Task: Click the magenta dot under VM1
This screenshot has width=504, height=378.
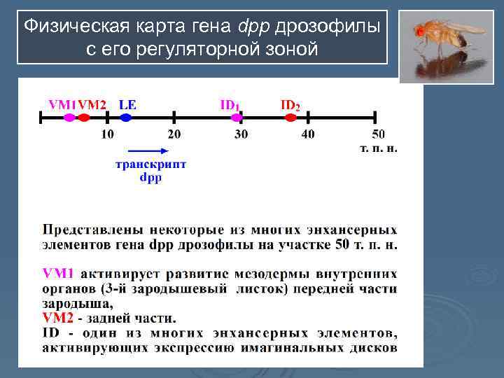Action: click(69, 118)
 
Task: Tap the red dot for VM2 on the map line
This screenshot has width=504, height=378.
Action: click(83, 118)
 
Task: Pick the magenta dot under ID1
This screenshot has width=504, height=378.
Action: click(237, 118)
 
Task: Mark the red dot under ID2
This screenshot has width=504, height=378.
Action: click(290, 118)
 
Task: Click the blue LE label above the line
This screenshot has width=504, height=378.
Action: click(127, 104)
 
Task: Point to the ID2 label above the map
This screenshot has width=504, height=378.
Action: click(290, 105)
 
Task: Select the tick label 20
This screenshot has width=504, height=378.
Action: click(174, 134)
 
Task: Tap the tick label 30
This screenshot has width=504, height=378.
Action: click(241, 134)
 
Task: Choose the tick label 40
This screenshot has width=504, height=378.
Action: click(308, 134)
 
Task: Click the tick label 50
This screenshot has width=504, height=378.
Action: click(377, 134)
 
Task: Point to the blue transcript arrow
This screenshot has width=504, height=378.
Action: click(148, 150)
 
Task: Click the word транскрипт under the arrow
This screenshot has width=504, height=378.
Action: click(150, 165)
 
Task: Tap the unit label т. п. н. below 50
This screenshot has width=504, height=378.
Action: click(378, 148)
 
